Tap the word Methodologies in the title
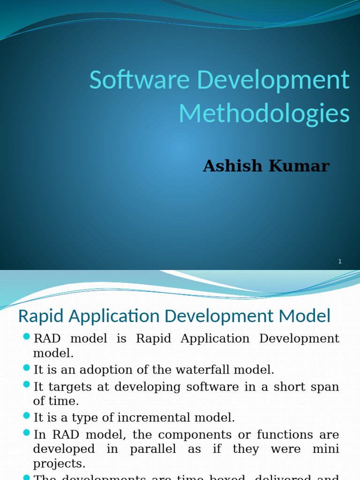tap(264, 114)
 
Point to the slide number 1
tap(340, 262)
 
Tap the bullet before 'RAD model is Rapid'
tap(26, 337)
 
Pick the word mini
tap(325, 449)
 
